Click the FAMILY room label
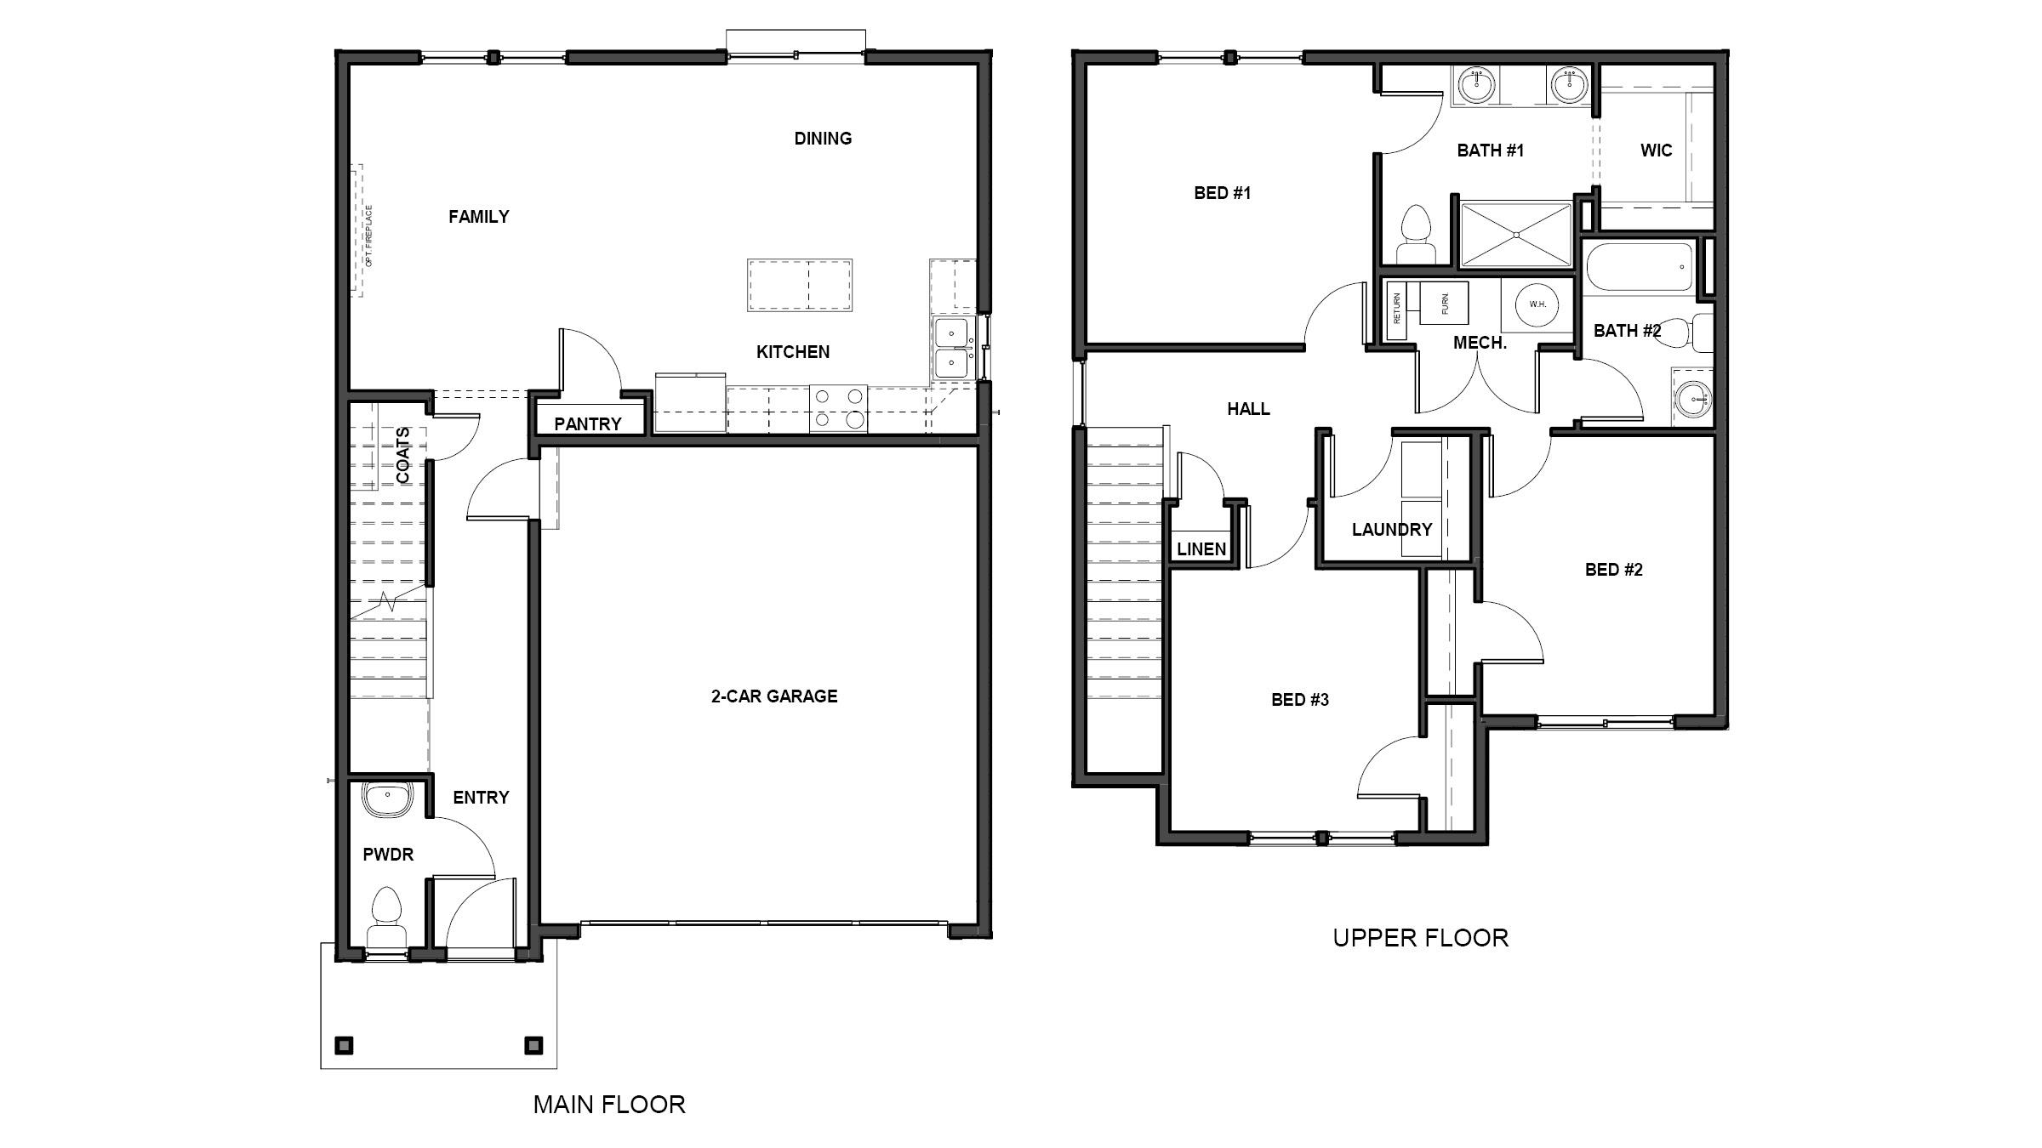[479, 217]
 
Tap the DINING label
[823, 139]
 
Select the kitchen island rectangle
[800, 286]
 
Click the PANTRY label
[588, 423]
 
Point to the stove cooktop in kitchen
[838, 408]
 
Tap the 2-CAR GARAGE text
[774, 696]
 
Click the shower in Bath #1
[1516, 234]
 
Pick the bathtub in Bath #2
[1640, 267]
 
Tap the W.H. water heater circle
[1537, 304]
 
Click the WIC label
[1656, 151]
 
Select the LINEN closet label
[1201, 549]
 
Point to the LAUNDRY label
[1392, 530]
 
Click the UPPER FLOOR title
[1420, 938]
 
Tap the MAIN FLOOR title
[609, 1105]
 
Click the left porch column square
[345, 1045]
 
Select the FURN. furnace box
[1445, 304]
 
